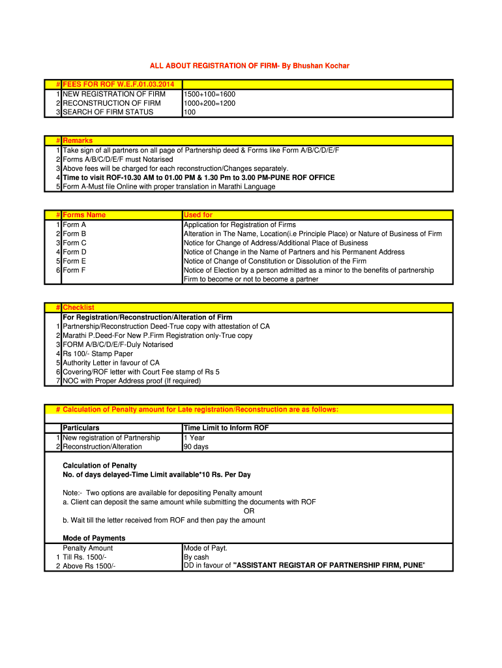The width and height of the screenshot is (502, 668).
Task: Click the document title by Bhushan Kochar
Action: coord(250,67)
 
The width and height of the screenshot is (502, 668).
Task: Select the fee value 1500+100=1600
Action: coord(209,94)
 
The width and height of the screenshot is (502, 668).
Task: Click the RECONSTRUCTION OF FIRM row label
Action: coord(111,103)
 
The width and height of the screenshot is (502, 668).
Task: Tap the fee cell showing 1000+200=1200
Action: coord(209,103)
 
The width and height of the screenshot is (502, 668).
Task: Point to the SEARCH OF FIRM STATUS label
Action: coord(108,112)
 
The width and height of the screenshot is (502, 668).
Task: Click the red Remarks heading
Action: coord(78,141)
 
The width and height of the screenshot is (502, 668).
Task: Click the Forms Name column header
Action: coord(84,215)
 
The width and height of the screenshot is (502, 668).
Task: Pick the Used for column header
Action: coord(198,215)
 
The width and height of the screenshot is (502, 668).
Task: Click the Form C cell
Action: coord(75,243)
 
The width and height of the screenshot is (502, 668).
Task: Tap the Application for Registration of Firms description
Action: coord(240,224)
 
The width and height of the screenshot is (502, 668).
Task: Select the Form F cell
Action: coord(75,270)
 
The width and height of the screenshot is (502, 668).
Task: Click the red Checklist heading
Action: coord(78,308)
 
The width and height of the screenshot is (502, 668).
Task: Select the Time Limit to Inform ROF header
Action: coord(226,428)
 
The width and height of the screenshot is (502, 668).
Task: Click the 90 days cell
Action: coord(196,447)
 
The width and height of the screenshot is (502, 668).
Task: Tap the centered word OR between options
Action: coord(249,511)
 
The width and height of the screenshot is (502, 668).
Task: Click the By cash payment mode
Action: coord(196,557)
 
